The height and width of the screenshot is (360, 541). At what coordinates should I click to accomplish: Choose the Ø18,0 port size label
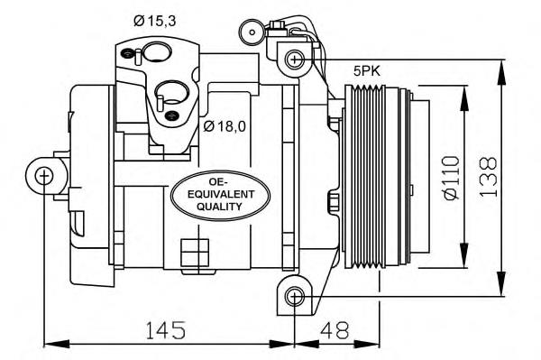225,125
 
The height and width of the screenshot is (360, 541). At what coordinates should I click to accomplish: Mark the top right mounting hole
294,60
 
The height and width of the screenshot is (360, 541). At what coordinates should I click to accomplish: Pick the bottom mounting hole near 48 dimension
294,296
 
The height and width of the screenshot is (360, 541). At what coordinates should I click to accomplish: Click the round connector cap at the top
244,31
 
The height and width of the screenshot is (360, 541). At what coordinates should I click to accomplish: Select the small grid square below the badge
190,248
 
